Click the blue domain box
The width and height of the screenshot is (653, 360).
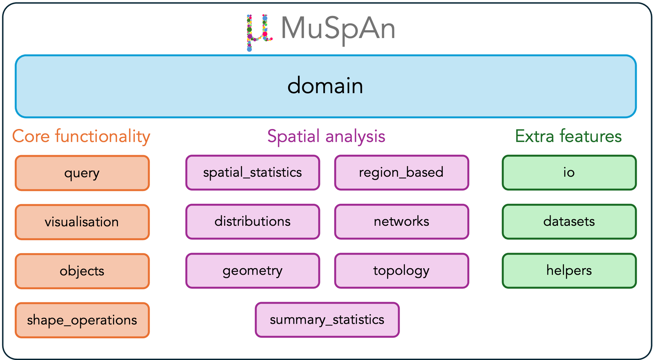(x=326, y=86)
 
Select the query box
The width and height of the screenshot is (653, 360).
(x=82, y=173)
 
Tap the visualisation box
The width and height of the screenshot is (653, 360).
(x=82, y=222)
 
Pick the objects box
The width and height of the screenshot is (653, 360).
(x=82, y=271)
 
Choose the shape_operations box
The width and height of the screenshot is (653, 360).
(x=82, y=320)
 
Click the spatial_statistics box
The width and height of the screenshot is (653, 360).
(x=253, y=173)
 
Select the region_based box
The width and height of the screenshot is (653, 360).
(x=402, y=173)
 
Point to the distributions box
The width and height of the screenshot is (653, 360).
(x=253, y=222)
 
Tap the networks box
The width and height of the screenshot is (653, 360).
(x=402, y=222)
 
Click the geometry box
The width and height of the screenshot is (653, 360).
(x=253, y=271)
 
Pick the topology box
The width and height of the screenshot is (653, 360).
(x=402, y=271)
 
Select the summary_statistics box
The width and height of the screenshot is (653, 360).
(x=327, y=320)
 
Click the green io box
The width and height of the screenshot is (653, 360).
(x=569, y=173)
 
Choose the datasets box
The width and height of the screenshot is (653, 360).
(x=569, y=222)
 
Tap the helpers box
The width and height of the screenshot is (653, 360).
(x=569, y=271)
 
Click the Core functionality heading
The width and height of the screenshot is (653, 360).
(x=81, y=136)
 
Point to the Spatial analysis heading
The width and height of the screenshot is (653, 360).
(x=326, y=136)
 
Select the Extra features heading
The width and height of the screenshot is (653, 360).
(x=568, y=136)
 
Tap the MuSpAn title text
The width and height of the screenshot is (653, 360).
(x=338, y=29)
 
